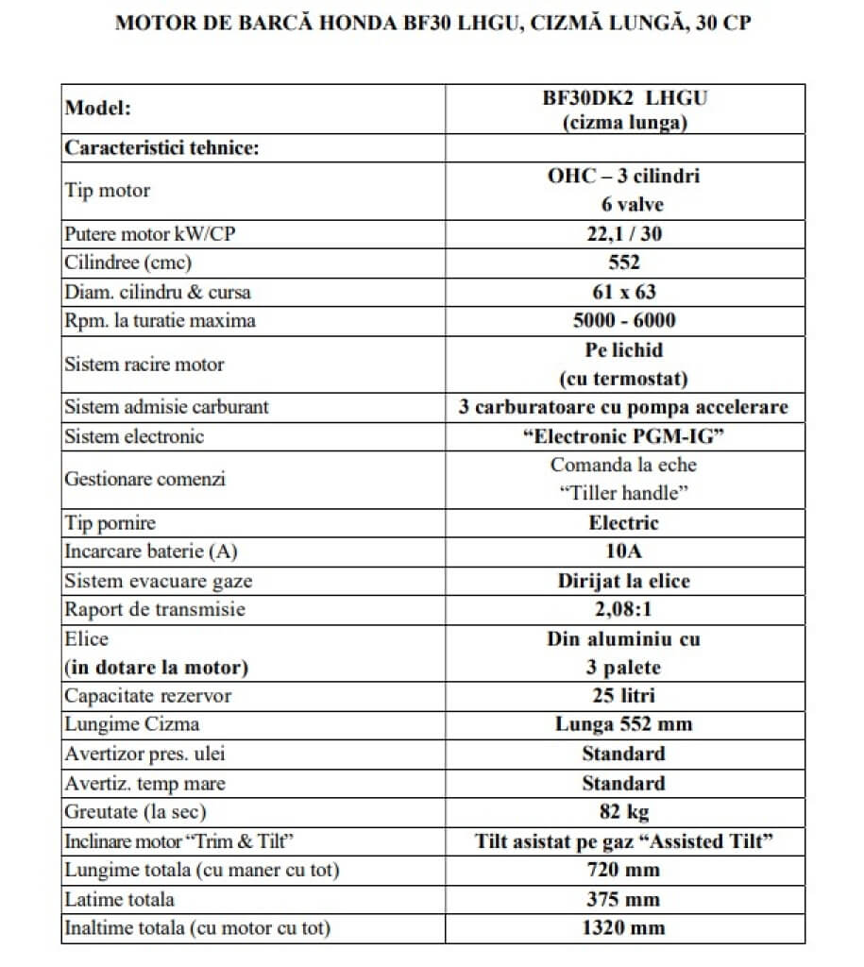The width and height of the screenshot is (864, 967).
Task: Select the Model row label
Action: click(x=97, y=108)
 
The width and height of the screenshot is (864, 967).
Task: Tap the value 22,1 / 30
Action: click(x=624, y=233)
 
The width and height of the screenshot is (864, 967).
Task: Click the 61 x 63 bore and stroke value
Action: click(x=624, y=291)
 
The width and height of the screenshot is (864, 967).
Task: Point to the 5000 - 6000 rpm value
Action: click(x=624, y=320)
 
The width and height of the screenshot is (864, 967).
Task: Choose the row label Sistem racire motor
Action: click(x=144, y=364)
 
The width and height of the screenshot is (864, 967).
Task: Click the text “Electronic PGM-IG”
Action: click(x=624, y=436)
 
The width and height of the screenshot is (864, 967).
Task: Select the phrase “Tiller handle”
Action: click(x=624, y=493)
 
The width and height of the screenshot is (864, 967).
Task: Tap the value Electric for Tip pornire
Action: click(x=624, y=522)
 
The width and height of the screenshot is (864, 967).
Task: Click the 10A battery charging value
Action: click(x=624, y=551)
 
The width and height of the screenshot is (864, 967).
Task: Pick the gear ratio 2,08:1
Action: click(x=624, y=609)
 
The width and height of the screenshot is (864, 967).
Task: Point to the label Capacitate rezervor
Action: click(x=147, y=696)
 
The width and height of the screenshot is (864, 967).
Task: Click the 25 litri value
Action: click(x=624, y=696)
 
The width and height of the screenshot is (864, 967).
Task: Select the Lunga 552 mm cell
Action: click(x=624, y=725)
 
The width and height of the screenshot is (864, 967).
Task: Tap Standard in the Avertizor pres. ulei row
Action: click(x=624, y=754)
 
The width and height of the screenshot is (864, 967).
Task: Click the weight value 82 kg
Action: click(x=624, y=812)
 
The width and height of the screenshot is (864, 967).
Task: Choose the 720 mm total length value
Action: click(x=624, y=870)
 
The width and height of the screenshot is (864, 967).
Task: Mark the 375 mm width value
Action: click(x=624, y=899)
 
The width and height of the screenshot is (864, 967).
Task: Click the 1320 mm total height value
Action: click(x=624, y=927)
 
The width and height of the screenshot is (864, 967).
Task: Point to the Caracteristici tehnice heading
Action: click(x=161, y=148)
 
